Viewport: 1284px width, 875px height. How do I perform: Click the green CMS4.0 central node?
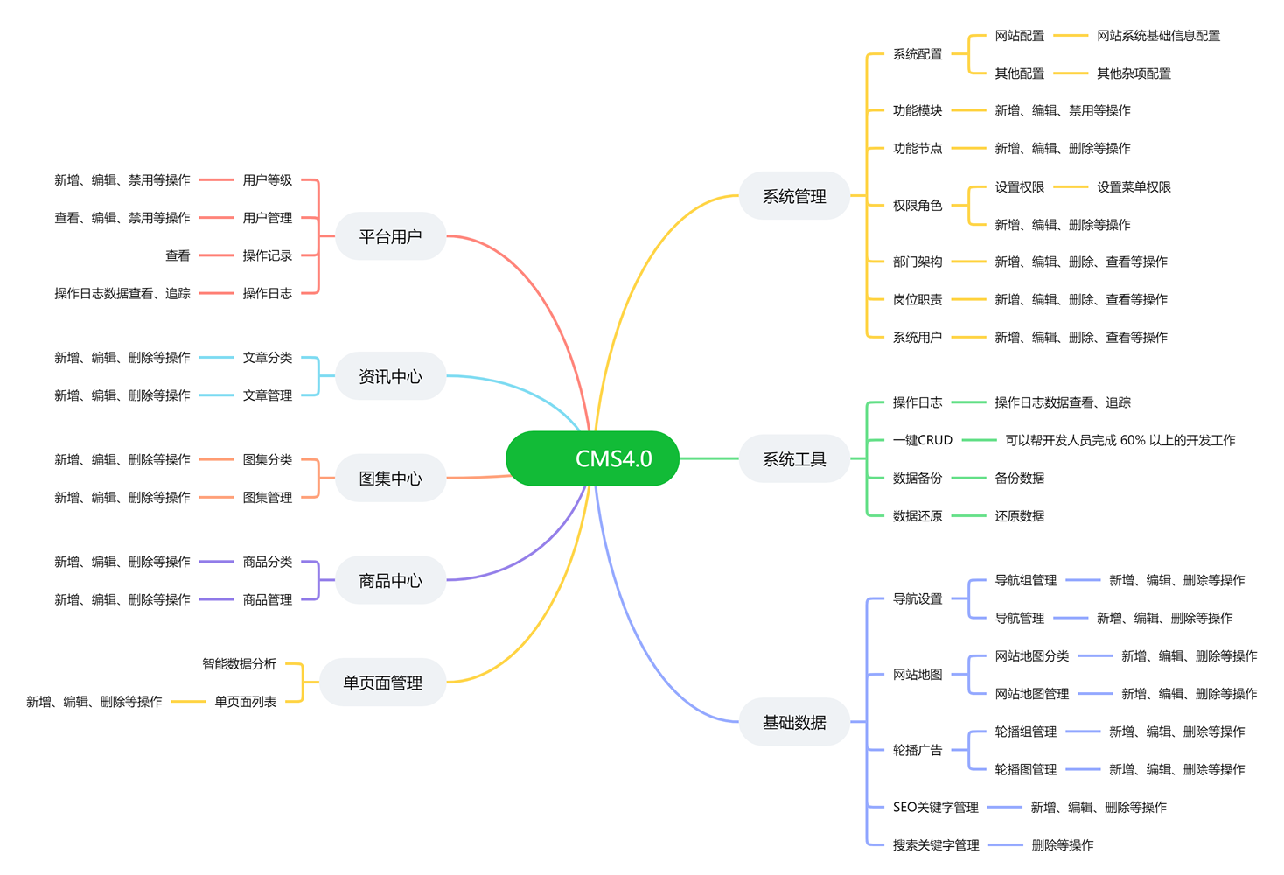[x=593, y=458]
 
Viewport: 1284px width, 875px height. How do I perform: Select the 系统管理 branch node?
[x=794, y=197]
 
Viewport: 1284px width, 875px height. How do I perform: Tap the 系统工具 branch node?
[x=794, y=459]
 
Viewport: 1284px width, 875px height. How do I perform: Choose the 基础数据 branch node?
[x=794, y=722]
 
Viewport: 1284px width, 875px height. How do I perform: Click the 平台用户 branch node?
[x=390, y=236]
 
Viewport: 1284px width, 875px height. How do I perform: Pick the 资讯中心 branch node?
[x=390, y=376]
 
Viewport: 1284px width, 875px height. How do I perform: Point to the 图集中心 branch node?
[x=390, y=479]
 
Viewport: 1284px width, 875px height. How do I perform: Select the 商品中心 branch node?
[x=390, y=580]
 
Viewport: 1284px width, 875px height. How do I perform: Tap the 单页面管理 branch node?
[x=382, y=682]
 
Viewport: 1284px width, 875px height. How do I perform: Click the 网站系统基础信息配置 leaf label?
[x=1158, y=36]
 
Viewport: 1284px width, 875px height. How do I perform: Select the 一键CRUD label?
[x=922, y=440]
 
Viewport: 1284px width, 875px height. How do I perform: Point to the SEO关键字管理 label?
[x=935, y=807]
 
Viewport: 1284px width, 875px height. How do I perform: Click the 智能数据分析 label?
[x=239, y=664]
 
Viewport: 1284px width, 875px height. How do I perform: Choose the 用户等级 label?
[x=267, y=180]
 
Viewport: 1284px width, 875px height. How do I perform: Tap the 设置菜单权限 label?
[x=1134, y=186]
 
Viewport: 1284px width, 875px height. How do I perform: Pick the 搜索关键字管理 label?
[x=935, y=845]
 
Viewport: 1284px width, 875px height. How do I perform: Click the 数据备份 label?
[x=917, y=478]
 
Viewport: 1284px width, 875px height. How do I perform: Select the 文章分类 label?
[x=267, y=358]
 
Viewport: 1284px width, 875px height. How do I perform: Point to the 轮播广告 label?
[x=917, y=750]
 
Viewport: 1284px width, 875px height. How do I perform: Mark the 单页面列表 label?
[x=245, y=702]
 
